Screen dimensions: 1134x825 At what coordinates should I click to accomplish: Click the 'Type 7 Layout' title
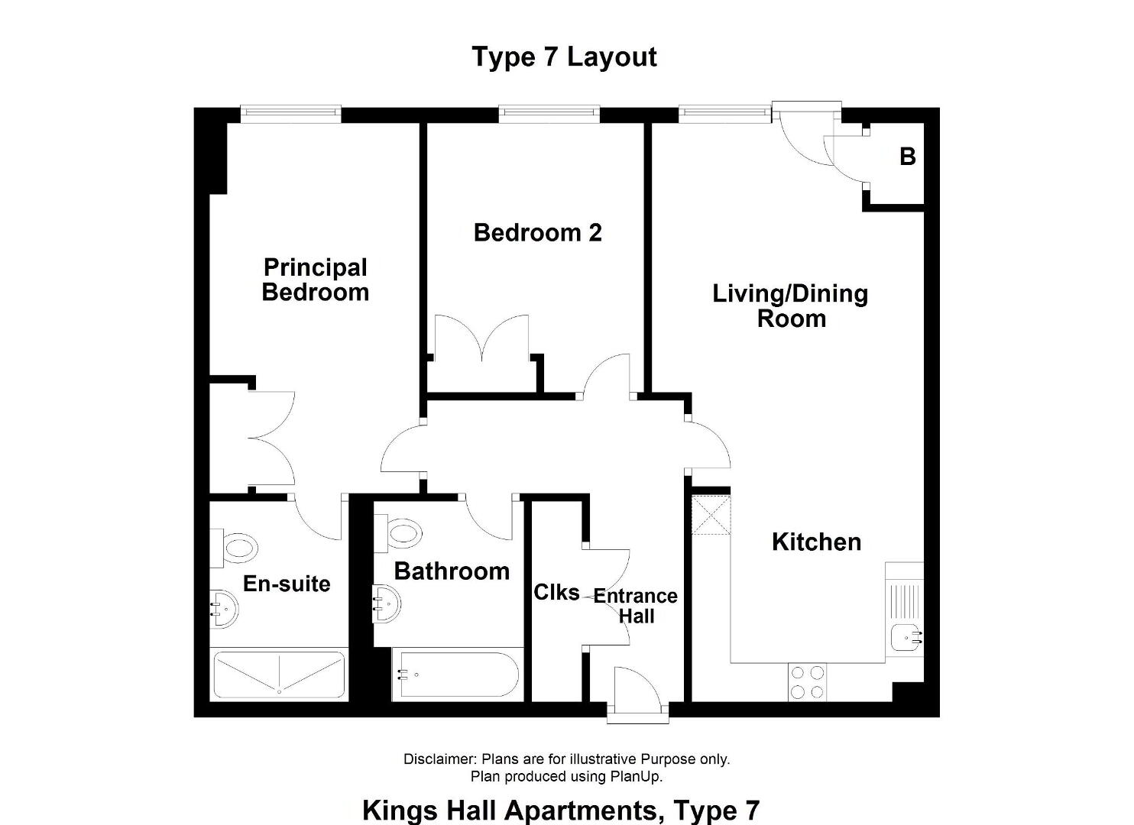click(564, 57)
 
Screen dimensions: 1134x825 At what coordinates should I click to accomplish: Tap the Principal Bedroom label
click(315, 280)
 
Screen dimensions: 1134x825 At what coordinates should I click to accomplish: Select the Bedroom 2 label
click(538, 233)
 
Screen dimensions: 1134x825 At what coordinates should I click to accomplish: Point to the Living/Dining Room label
click(790, 306)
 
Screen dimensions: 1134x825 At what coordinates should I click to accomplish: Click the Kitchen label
click(816, 542)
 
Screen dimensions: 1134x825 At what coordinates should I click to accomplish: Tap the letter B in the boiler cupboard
click(908, 157)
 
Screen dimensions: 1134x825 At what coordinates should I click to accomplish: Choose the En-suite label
click(287, 584)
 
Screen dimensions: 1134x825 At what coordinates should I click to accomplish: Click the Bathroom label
click(452, 571)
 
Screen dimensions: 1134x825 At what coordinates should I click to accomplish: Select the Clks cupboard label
click(556, 593)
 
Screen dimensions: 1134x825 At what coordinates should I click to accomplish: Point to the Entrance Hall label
click(635, 607)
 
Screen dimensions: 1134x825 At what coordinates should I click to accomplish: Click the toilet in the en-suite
click(234, 548)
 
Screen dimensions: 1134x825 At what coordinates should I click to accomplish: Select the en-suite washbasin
click(224, 610)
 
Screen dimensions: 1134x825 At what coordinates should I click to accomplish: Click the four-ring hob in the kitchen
click(807, 682)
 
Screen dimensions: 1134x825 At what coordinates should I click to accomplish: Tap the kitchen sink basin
click(907, 637)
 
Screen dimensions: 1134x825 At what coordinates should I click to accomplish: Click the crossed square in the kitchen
click(711, 516)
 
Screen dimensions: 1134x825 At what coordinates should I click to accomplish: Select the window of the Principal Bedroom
click(290, 114)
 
